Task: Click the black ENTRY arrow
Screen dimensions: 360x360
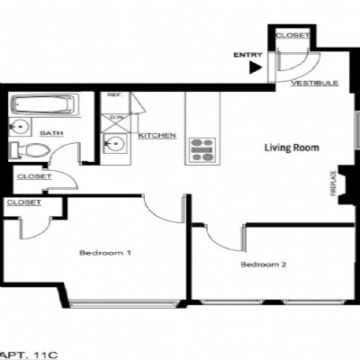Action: pos(256,67)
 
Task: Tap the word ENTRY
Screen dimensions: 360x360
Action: pos(247,55)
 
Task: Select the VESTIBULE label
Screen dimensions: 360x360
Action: pos(315,83)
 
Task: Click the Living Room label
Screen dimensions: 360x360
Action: pos(292,148)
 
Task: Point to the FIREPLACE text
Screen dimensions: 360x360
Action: pos(333,184)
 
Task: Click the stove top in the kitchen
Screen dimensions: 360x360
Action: pos(202,150)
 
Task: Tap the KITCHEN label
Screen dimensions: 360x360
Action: pos(157,136)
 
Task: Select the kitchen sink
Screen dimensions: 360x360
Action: pos(115,143)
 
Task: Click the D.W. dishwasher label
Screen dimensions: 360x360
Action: pos(115,117)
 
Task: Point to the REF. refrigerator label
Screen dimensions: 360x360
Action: pos(115,94)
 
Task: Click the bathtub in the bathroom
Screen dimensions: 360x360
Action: pos(44,104)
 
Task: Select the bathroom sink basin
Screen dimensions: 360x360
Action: pos(19,127)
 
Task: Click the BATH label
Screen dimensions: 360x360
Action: pos(51,133)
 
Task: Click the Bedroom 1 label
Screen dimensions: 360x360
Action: pos(105,253)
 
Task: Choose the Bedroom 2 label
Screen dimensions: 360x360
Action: pos(264,265)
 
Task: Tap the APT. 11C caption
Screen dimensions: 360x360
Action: pos(28,355)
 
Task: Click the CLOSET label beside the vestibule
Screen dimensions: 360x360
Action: pos(292,35)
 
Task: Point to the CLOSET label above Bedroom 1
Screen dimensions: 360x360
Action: pos(24,202)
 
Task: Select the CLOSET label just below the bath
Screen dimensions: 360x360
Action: pos(34,176)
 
